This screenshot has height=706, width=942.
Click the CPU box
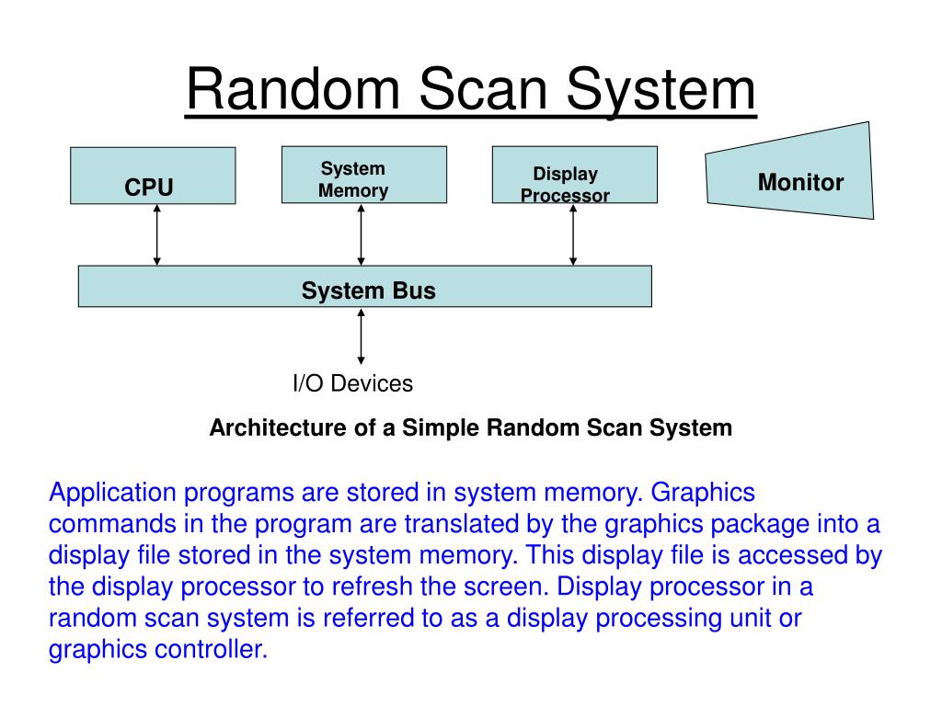point(153,176)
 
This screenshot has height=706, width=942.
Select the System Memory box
point(363,175)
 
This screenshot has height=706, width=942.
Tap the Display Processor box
point(574,175)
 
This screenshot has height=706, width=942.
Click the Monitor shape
point(791,174)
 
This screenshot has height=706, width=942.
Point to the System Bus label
point(368,291)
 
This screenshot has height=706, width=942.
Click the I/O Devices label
point(352,383)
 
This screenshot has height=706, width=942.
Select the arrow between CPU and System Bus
point(157,234)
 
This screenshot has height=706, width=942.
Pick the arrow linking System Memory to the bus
point(361,234)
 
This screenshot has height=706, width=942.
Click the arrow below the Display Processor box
point(573,234)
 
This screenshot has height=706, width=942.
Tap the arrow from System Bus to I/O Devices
point(361,336)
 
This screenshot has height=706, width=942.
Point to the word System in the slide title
point(661,91)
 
